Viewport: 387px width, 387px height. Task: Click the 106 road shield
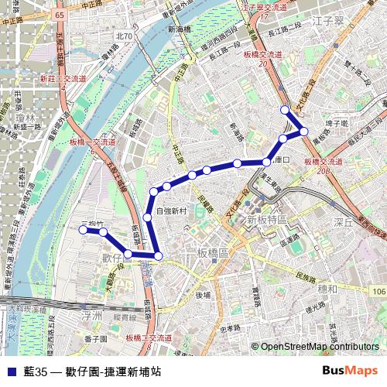click(378, 291)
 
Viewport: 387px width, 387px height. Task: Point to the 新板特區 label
click(267, 221)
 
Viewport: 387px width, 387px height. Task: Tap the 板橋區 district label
click(213, 253)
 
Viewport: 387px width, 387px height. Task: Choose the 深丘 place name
click(343, 223)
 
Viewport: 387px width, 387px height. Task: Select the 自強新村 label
click(172, 211)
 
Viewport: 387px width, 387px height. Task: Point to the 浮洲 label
click(91, 316)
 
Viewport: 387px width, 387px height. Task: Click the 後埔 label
click(204, 294)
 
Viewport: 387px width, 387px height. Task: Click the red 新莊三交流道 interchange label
click(63, 79)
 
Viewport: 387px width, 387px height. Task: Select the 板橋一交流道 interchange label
click(91, 142)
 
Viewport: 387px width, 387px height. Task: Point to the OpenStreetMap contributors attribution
click(318, 348)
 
